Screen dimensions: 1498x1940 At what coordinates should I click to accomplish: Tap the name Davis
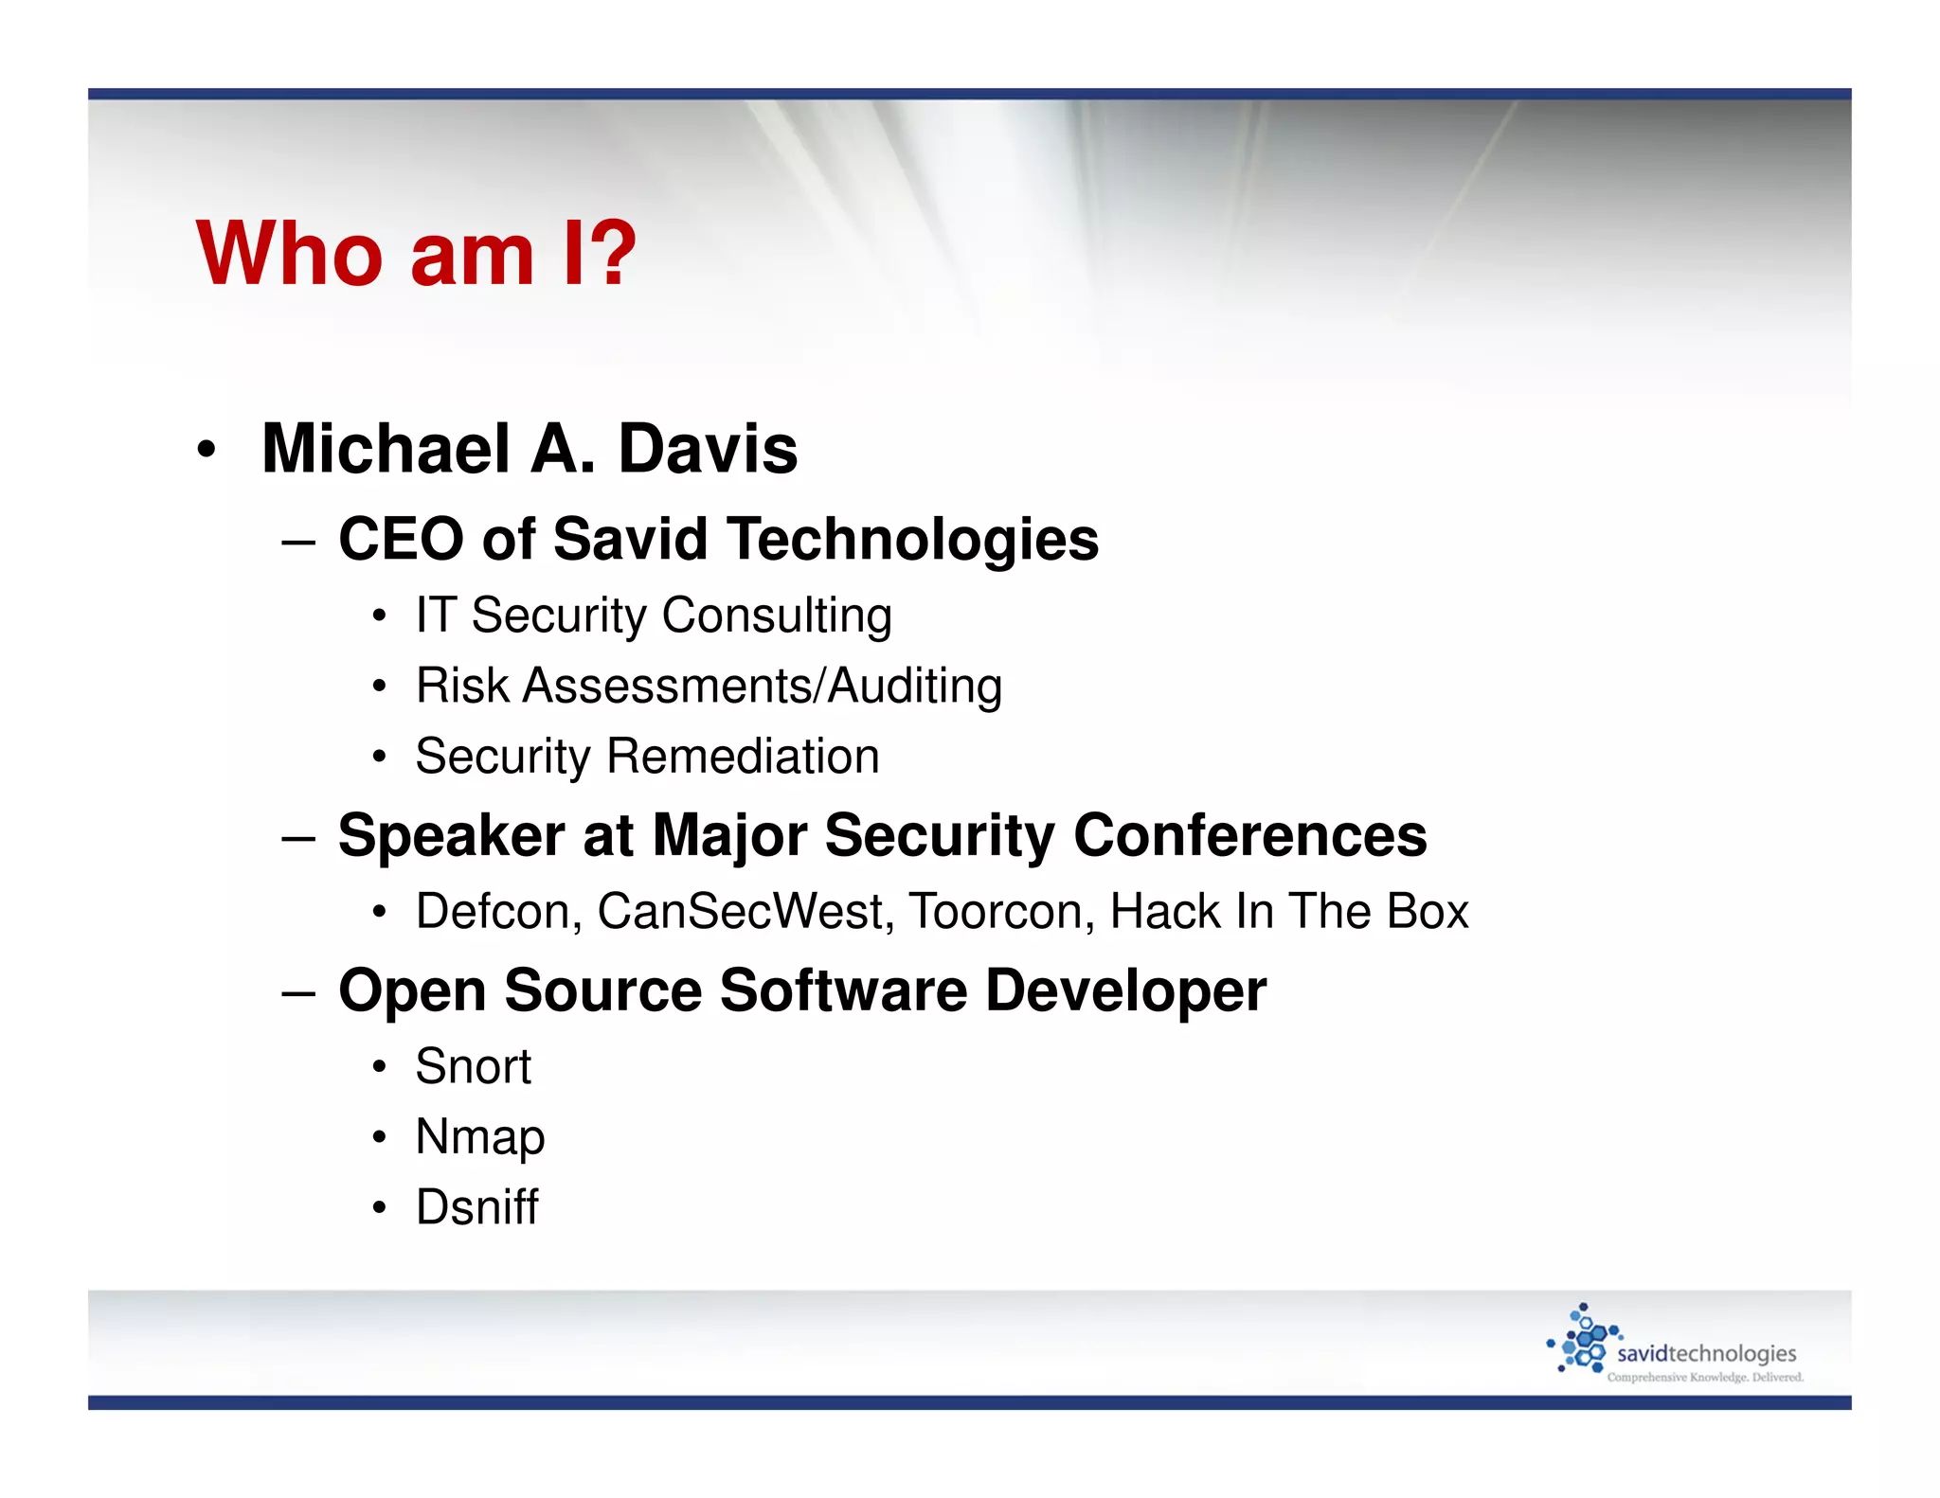(x=708, y=449)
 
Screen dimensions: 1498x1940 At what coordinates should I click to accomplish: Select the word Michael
(x=386, y=449)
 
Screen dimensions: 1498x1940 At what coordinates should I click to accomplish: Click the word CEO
(x=401, y=539)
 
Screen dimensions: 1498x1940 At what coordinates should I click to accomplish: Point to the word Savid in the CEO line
(x=630, y=539)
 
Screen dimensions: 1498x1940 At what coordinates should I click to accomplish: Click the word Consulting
(x=777, y=616)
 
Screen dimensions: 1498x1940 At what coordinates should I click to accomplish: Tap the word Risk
(x=461, y=686)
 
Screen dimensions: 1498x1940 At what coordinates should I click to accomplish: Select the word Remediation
(x=743, y=757)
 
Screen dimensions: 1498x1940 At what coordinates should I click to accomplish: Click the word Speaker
(x=451, y=835)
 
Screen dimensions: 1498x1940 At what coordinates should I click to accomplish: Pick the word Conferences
(x=1249, y=835)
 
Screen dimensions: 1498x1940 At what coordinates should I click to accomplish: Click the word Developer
(x=1125, y=990)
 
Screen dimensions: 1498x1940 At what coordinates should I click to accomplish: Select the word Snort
(x=473, y=1067)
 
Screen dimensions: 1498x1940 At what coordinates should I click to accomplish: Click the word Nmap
(x=479, y=1137)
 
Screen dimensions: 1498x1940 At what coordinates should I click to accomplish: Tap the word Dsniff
(x=476, y=1207)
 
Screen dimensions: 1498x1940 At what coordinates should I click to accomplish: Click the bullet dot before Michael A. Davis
(x=207, y=450)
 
